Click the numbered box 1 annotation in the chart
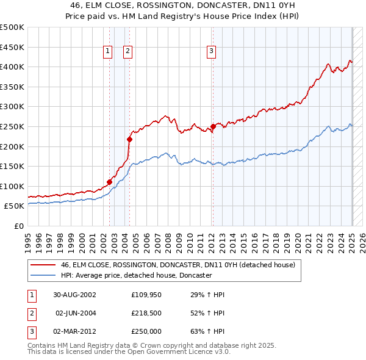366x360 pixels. click(107, 52)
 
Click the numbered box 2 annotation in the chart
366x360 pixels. click(128, 52)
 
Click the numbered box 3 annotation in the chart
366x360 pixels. click(211, 52)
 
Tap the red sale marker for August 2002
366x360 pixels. click(109, 181)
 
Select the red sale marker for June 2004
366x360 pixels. click(129, 139)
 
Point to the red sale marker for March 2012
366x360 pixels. click(213, 126)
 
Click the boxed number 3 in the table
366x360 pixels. click(31, 332)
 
